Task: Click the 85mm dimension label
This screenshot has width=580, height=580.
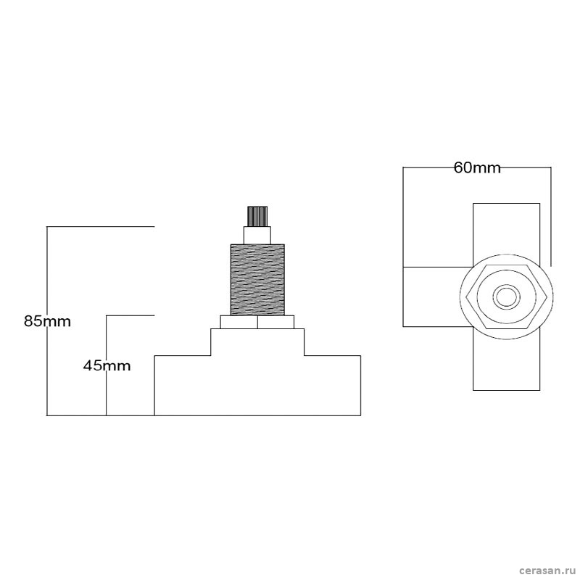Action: (47, 321)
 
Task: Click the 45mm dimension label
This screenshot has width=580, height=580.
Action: (107, 366)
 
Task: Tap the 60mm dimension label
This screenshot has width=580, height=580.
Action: (477, 168)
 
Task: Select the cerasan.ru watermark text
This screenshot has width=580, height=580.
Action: (547, 571)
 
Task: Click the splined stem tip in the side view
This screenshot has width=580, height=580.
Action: (257, 216)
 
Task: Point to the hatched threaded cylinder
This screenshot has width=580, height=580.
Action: (257, 280)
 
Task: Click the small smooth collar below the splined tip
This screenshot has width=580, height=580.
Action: (257, 235)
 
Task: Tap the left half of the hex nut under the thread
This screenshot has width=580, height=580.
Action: (239, 322)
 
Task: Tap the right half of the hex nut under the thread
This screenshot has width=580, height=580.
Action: (276, 322)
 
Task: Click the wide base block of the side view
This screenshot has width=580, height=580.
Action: (257, 386)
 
